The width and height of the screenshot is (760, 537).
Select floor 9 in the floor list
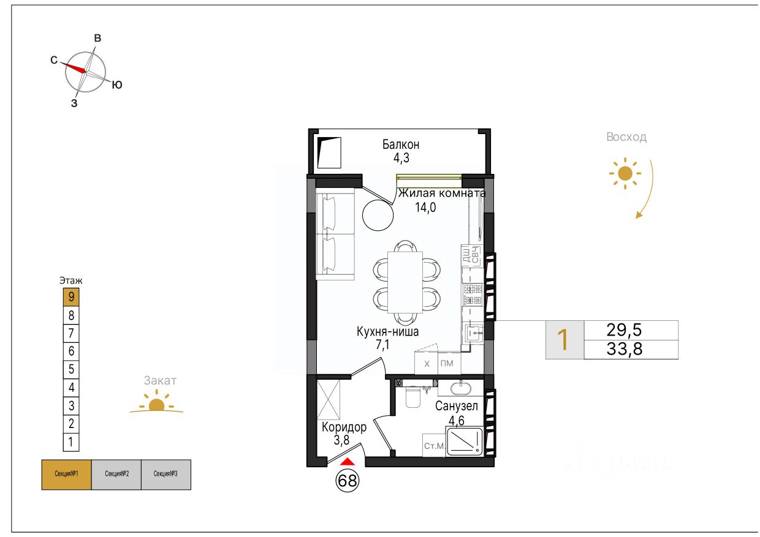coord(71,297)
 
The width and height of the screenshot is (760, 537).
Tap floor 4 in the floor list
coord(71,388)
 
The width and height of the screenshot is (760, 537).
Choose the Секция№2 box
coord(116,475)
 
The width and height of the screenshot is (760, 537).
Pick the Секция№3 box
coord(166,475)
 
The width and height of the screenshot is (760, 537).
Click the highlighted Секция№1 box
coord(66,475)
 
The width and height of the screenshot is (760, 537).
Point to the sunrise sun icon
coord(625,173)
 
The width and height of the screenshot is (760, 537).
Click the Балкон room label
coord(401,145)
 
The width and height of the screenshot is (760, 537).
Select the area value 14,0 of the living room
coord(425,207)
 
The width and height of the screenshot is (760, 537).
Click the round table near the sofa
coord(378,215)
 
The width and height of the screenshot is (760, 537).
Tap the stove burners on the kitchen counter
coord(473,295)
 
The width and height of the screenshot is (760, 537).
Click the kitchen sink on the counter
coord(474,333)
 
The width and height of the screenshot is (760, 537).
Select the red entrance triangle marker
coord(347,462)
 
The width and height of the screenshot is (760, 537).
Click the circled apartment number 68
coord(347,481)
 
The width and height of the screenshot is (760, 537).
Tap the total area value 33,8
coord(625,349)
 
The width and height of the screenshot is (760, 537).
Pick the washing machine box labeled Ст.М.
coord(434,446)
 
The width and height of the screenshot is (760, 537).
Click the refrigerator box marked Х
coord(427,364)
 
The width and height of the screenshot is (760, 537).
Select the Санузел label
coord(457,406)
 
